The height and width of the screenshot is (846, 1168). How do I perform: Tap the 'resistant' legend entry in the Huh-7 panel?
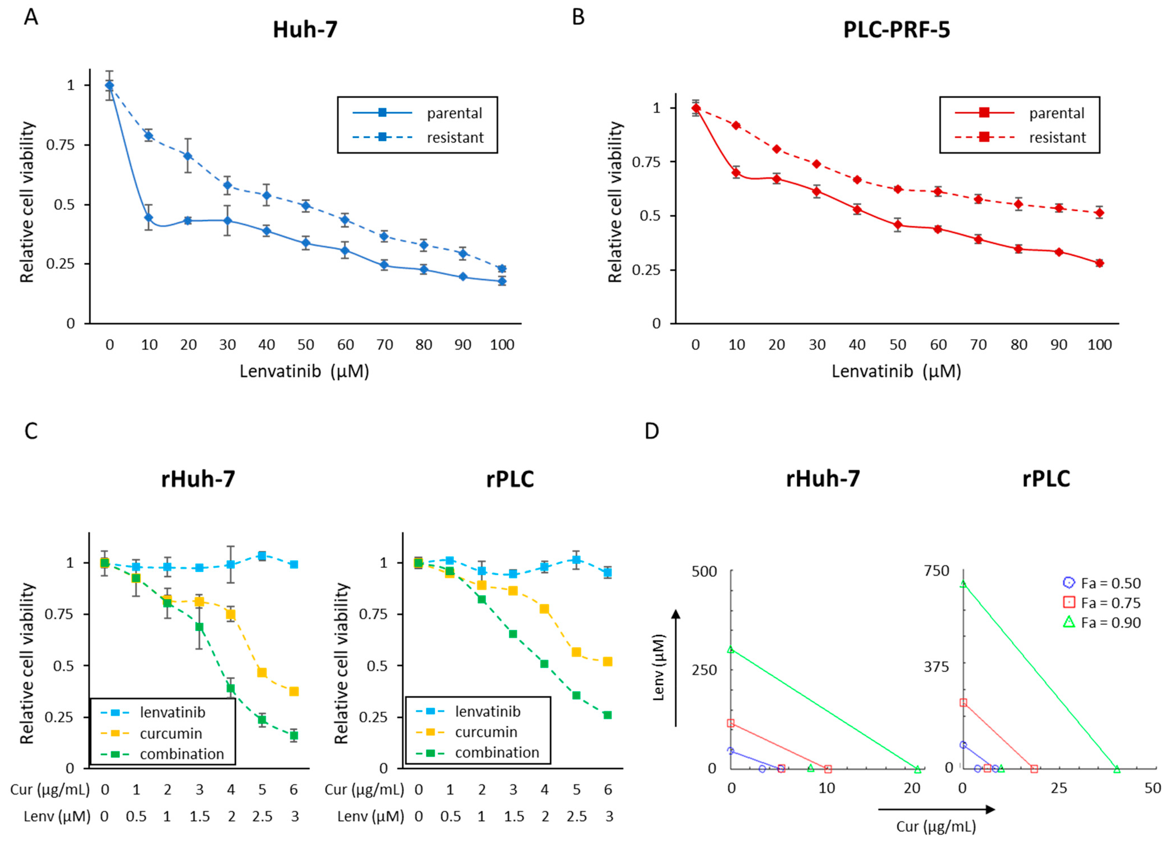pos(455,138)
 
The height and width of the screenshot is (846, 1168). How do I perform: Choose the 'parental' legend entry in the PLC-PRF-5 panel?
pos(1056,113)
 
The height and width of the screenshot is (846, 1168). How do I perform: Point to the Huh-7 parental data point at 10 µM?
pos(149,217)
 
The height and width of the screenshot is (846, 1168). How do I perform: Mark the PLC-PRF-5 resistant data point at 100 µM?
pos(1099,213)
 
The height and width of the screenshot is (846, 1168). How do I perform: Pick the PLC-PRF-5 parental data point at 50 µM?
pos(898,224)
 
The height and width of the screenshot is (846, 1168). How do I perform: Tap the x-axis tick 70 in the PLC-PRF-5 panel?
pos(978,345)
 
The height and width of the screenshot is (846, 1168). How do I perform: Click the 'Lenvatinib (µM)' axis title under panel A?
pos(304,371)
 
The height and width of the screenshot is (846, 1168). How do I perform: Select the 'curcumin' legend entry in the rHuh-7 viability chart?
pos(170,733)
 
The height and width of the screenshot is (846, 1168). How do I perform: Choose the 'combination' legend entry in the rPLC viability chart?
pos(497,752)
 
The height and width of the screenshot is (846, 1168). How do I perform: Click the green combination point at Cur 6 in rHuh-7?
pos(294,735)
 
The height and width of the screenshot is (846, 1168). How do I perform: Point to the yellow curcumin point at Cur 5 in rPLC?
pos(576,652)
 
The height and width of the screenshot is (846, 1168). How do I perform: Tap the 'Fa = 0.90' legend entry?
pos(1110,623)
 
